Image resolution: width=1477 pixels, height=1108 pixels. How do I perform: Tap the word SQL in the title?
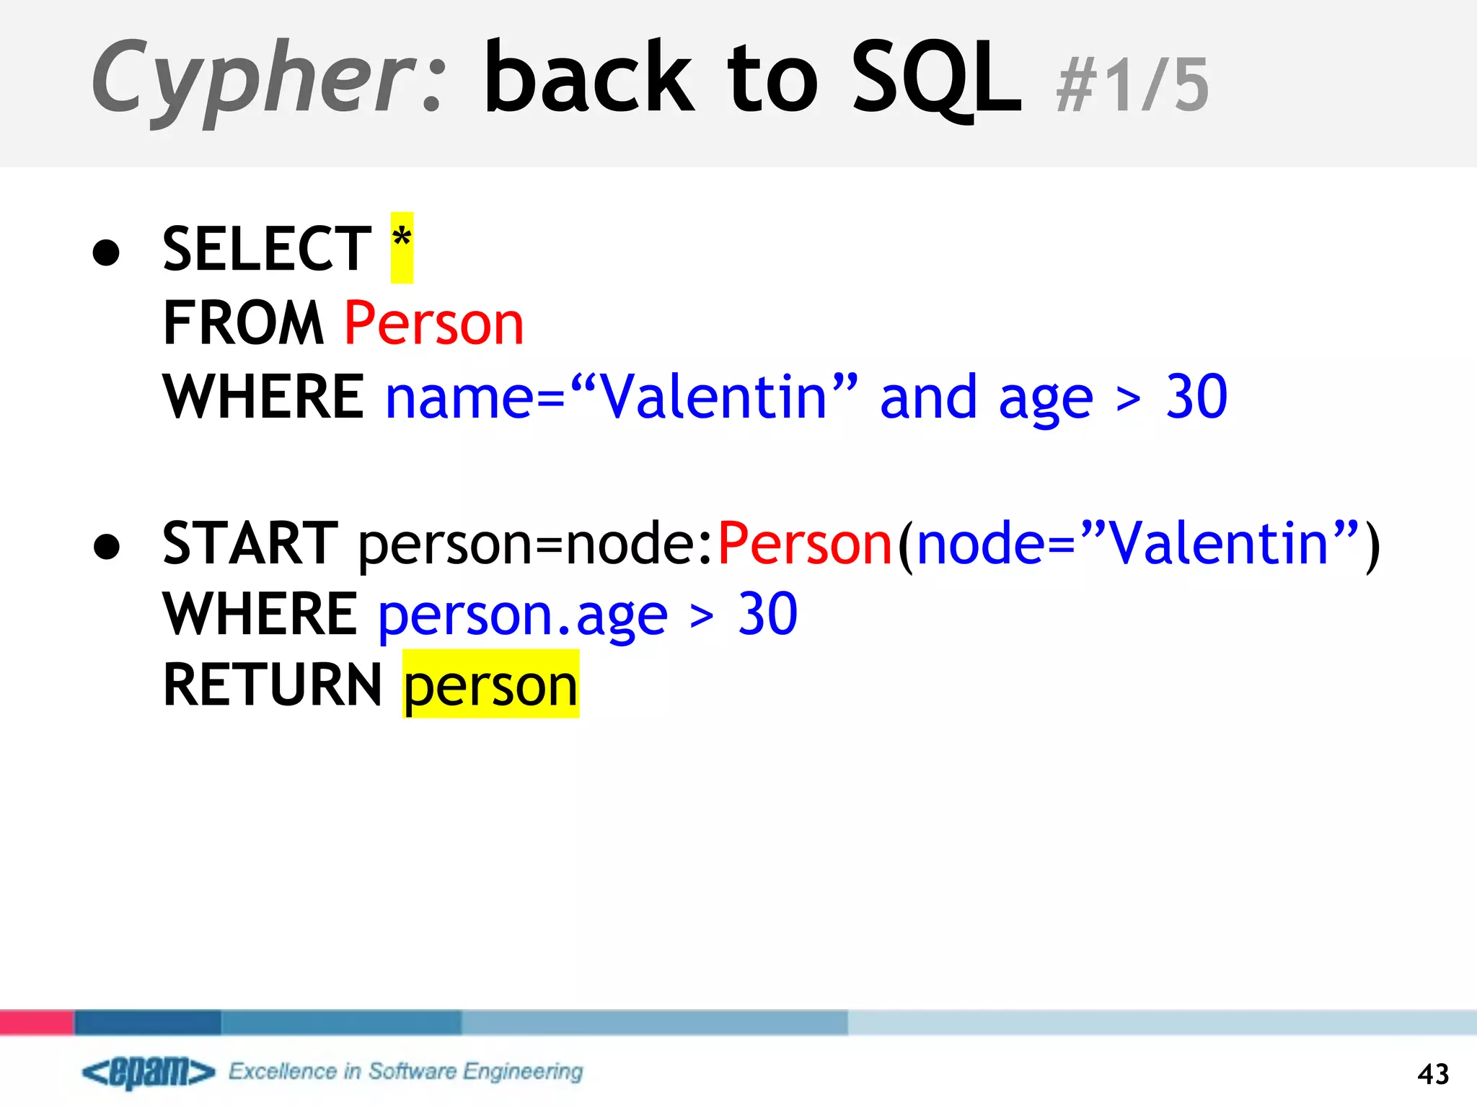(936, 78)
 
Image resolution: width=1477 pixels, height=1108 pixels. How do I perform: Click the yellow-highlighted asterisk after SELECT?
(402, 247)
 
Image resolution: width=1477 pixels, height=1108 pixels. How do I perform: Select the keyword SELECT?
(267, 249)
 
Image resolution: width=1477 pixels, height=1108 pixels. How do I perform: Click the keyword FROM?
(243, 323)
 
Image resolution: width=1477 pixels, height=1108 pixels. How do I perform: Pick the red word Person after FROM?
(433, 323)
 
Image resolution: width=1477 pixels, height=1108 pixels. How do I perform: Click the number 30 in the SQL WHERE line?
(1196, 397)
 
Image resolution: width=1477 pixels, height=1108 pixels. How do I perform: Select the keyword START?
(250, 543)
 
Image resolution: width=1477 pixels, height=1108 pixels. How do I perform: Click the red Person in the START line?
(805, 543)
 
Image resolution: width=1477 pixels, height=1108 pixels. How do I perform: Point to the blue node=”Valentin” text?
(1137, 543)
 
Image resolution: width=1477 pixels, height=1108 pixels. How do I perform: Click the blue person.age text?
(523, 615)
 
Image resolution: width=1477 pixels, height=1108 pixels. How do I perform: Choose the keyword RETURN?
(272, 685)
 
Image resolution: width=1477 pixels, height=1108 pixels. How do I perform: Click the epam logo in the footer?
(149, 1072)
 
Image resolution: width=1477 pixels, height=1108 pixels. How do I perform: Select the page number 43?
(1432, 1074)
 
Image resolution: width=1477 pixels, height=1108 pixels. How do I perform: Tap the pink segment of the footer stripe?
(36, 1022)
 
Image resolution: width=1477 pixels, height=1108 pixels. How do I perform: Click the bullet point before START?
(107, 546)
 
